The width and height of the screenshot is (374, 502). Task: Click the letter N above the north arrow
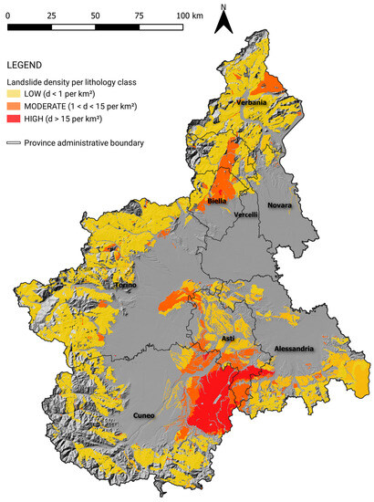tap(223, 6)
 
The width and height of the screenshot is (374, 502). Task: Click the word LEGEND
tap(28, 66)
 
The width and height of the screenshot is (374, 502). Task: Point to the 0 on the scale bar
tap(7, 16)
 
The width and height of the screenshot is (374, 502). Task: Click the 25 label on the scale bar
tap(51, 16)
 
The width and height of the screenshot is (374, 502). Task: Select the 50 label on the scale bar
tap(97, 16)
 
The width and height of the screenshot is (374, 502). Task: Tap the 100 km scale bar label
tap(189, 16)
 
